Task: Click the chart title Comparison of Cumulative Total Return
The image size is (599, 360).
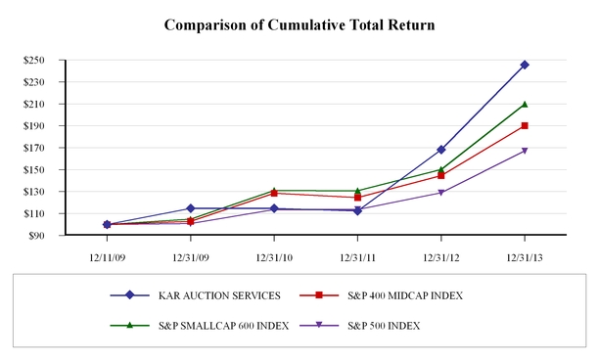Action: (299, 25)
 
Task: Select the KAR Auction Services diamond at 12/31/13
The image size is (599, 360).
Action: (525, 65)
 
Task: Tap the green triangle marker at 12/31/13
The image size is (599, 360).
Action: (525, 104)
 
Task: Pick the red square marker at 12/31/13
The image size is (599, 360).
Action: (525, 125)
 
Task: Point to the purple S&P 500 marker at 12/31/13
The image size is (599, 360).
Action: (525, 151)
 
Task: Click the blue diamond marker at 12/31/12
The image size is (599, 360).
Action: (441, 150)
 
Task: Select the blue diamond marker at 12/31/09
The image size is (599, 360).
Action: (191, 208)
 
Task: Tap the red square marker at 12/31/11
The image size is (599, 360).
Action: (357, 198)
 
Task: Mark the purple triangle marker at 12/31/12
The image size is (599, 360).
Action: (441, 193)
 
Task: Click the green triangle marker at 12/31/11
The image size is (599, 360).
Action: (357, 191)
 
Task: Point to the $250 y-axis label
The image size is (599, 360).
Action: (33, 60)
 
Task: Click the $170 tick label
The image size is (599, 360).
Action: (33, 148)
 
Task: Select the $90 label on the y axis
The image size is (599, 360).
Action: (36, 236)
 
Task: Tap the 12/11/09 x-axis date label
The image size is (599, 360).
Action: (107, 258)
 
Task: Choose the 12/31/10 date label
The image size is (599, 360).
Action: (274, 258)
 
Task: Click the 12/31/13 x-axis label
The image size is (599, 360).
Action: (525, 258)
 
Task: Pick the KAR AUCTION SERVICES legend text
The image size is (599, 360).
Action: (219, 295)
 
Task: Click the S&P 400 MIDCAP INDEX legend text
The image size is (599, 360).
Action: (405, 295)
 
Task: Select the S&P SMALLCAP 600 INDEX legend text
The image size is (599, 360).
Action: (224, 326)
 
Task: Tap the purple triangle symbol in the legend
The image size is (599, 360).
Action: (319, 325)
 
